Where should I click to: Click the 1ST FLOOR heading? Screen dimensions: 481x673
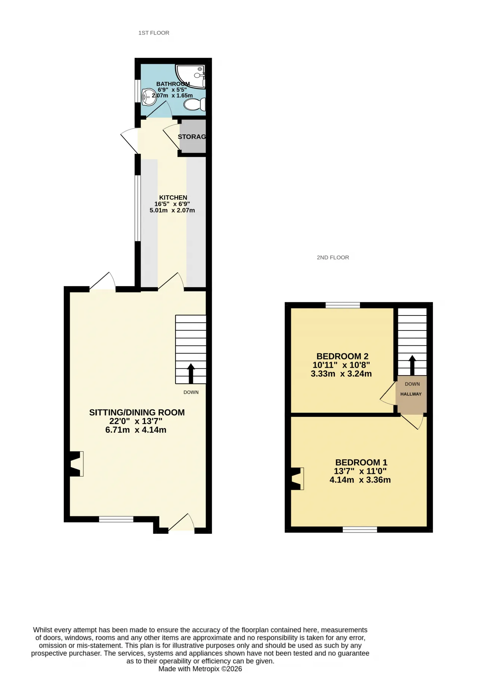154,33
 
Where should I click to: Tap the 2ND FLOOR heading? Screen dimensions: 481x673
333,258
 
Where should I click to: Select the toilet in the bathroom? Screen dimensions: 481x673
195,104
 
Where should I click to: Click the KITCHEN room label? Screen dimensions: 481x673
173,198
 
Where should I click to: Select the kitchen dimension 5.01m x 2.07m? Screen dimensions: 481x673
172,210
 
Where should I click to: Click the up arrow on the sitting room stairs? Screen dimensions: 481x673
191,374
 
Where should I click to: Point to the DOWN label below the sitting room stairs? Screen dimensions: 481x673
191,392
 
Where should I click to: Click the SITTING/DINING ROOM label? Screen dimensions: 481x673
137,412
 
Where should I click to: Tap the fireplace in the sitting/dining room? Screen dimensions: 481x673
77,464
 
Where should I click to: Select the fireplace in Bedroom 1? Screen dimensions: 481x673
297,479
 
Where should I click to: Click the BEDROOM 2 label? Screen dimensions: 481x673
342,356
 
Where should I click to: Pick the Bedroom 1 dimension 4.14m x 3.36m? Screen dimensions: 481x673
360,480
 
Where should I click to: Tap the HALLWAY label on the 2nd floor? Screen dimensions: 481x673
411,394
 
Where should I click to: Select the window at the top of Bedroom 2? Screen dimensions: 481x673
343,305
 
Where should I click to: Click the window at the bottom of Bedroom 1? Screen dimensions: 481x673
360,530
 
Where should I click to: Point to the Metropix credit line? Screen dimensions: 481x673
200,668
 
